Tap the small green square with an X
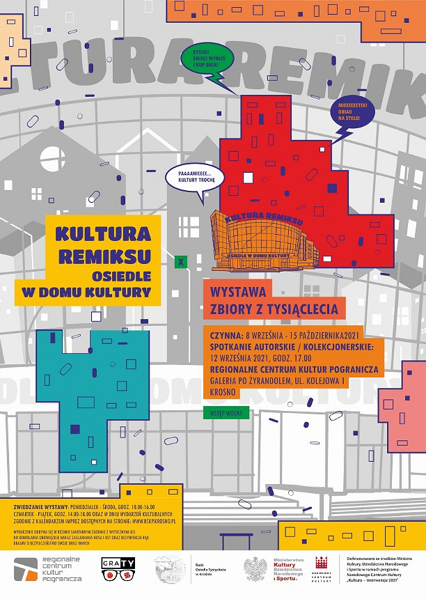pyautogui.click(x=181, y=263)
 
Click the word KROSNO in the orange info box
pyautogui.click(x=224, y=392)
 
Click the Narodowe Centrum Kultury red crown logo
pyautogui.click(x=322, y=568)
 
